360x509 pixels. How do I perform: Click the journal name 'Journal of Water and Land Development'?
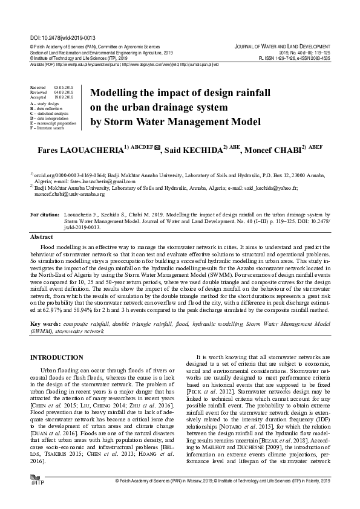(282, 47)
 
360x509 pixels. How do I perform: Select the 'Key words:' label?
(45, 325)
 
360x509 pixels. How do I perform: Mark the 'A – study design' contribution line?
(44, 104)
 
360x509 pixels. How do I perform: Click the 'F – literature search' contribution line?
(47, 128)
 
